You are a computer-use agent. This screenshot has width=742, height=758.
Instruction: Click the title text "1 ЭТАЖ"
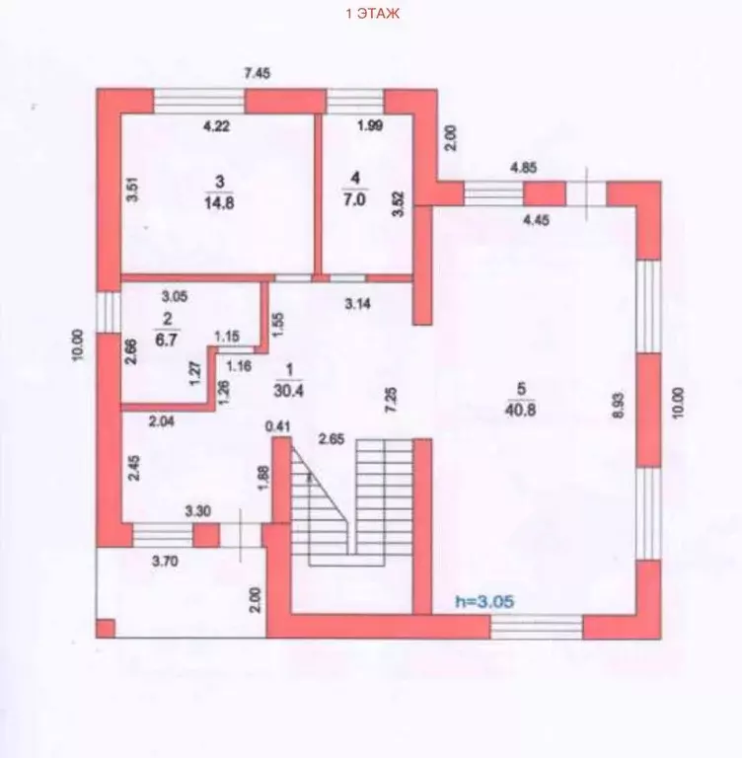coord(373,14)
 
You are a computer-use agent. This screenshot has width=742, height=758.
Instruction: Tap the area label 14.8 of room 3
coord(219,202)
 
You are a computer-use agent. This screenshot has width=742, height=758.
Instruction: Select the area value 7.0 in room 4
coord(355,199)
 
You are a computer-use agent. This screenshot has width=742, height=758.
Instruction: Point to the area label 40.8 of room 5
coord(521,410)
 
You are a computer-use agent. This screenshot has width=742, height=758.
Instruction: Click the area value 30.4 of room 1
coord(288,390)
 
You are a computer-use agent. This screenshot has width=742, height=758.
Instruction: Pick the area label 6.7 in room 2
coord(167,340)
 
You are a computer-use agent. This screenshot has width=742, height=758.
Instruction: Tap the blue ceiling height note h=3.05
coord(484,602)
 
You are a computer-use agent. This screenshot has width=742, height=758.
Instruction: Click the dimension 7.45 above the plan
coord(258,73)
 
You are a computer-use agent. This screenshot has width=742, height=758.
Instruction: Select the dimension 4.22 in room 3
coord(216,126)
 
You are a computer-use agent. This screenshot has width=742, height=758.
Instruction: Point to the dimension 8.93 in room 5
coord(620,405)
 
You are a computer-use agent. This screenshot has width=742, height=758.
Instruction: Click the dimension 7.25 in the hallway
coord(391,400)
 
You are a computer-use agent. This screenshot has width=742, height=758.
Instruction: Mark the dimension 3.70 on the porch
coord(165,562)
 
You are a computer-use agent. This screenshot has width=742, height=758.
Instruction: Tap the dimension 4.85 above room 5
coord(524,168)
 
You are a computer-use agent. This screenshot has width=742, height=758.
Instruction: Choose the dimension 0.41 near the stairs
coord(278,426)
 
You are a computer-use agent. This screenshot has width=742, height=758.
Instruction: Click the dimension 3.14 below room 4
coord(358,304)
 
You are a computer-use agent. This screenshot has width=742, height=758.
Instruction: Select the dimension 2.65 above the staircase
coord(332,439)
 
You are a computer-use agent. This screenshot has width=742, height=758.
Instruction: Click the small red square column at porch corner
coord(106,629)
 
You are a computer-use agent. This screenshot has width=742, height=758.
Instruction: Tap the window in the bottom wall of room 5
coord(537,627)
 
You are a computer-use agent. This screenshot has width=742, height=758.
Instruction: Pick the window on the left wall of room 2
coord(109,312)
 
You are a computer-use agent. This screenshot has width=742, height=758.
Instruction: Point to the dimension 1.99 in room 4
coord(370,125)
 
